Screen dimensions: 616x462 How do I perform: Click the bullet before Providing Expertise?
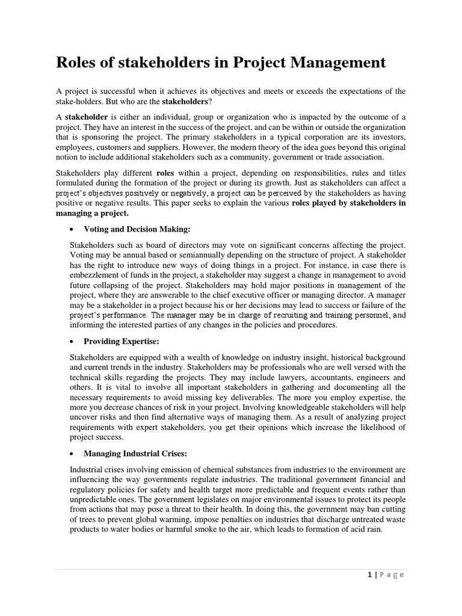click(x=73, y=342)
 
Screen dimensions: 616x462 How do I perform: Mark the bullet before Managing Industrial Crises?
click(x=73, y=454)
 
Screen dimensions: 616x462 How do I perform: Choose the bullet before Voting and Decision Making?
click(x=73, y=230)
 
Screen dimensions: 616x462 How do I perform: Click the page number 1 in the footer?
click(x=369, y=574)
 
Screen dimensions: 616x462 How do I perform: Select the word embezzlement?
click(x=98, y=274)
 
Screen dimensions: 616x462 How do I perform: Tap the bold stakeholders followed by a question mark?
click(x=183, y=102)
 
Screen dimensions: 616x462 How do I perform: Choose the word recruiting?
click(x=280, y=315)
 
